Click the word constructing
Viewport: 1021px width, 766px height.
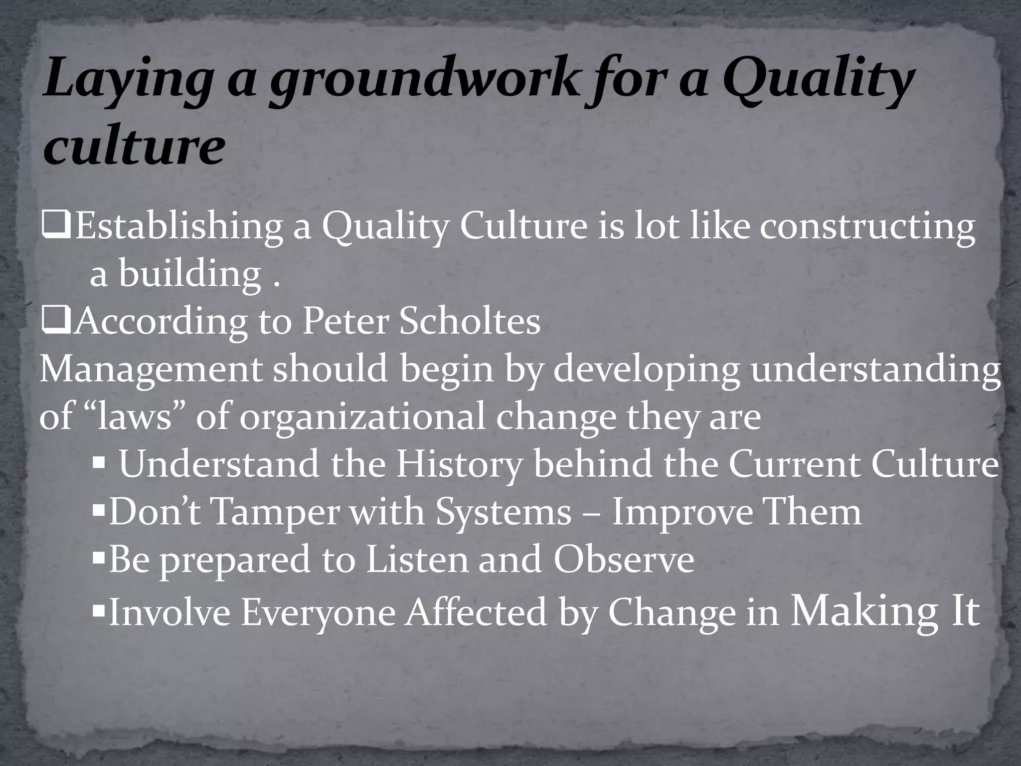867,227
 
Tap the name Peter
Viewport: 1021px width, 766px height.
345,322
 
